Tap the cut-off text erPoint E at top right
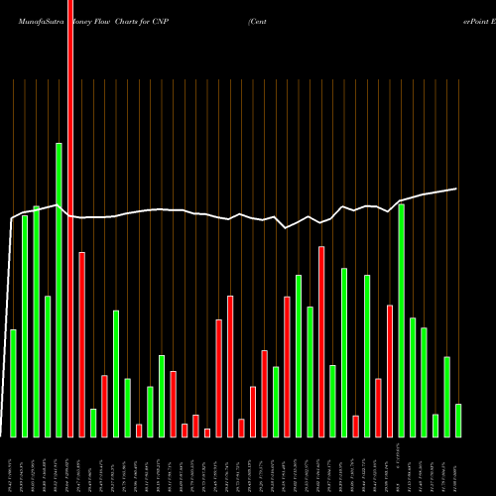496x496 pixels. pos(467,18)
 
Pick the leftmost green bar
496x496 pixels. pos(13,383)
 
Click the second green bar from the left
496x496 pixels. pos(25,326)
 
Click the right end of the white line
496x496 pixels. pos(457,188)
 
